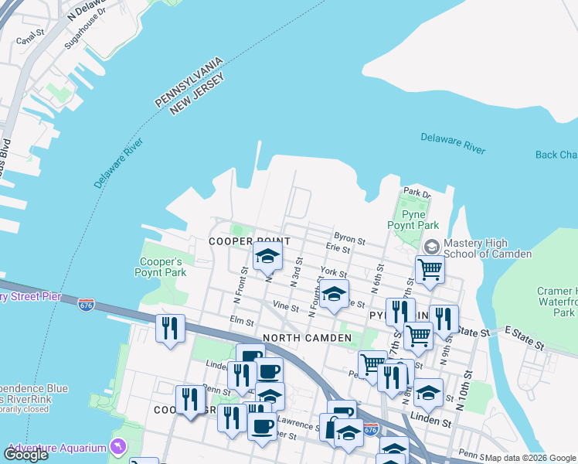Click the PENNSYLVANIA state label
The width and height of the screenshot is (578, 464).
[x=189, y=81]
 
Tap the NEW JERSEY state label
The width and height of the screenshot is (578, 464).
[x=197, y=95]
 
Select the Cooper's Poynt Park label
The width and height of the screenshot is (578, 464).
[x=158, y=267]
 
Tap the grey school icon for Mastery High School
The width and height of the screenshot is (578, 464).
[x=431, y=246]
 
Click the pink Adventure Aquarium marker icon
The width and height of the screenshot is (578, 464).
[x=117, y=446]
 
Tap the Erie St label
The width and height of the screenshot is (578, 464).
[x=338, y=249]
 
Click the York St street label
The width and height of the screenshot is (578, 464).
[x=334, y=273]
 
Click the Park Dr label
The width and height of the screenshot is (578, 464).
[x=416, y=193]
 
